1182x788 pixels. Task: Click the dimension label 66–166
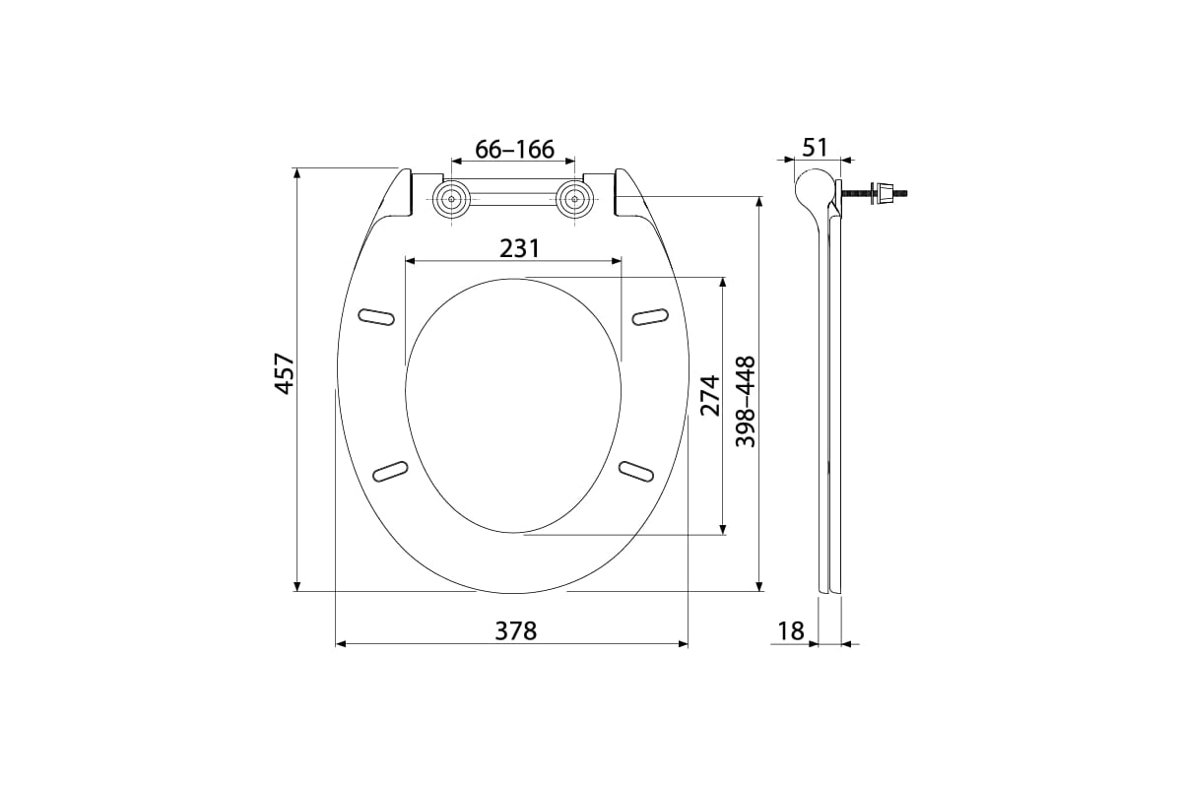point(514,150)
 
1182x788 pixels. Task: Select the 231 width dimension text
point(519,248)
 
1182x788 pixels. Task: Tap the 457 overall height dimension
point(285,373)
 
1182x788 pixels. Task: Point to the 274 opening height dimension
point(710,394)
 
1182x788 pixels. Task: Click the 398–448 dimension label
point(747,402)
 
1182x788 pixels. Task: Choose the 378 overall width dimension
point(515,630)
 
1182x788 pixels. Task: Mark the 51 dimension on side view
point(815,148)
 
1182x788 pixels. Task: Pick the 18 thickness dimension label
point(791,630)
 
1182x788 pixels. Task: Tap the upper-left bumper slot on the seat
point(375,316)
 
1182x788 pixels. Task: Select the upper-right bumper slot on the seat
point(650,316)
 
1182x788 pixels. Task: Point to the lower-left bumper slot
point(391,471)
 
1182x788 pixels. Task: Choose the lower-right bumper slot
point(635,471)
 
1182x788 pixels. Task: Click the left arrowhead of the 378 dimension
point(341,643)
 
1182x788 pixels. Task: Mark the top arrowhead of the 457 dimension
point(297,173)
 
